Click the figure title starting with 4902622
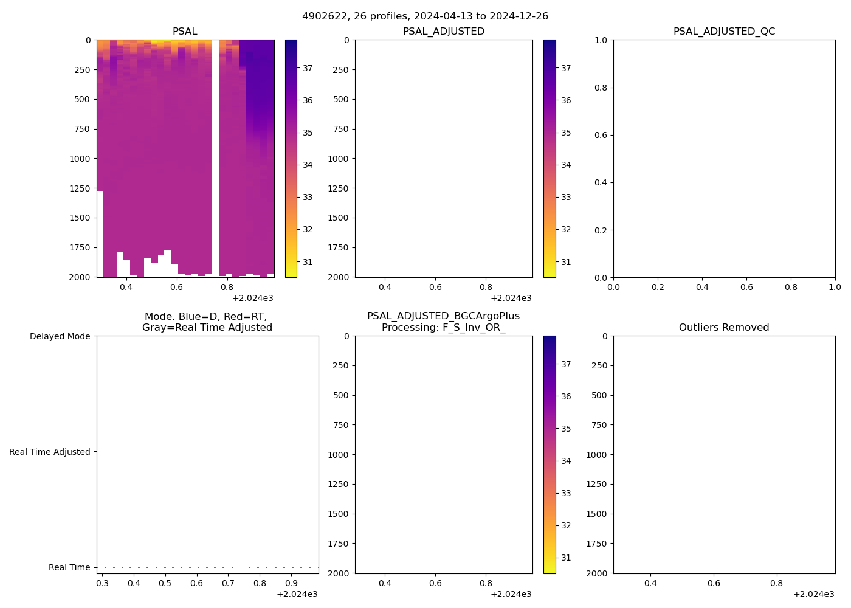click(x=425, y=16)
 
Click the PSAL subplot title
click(x=185, y=31)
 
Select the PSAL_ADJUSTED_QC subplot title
click(x=724, y=31)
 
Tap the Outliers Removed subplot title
click(x=724, y=327)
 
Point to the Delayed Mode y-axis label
click(x=60, y=336)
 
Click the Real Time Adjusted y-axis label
click(x=49, y=452)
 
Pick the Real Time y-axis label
click(x=69, y=567)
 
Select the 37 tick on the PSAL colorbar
click(x=308, y=68)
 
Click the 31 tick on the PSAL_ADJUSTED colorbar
click(x=566, y=262)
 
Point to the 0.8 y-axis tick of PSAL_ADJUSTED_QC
click(x=601, y=88)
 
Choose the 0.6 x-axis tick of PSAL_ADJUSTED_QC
click(x=746, y=287)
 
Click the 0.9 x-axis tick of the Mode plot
click(x=291, y=583)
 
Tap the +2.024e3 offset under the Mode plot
click(x=297, y=594)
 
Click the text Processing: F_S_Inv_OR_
click(x=444, y=327)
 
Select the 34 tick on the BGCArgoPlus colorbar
click(x=566, y=461)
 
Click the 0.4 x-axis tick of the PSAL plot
click(x=126, y=287)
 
